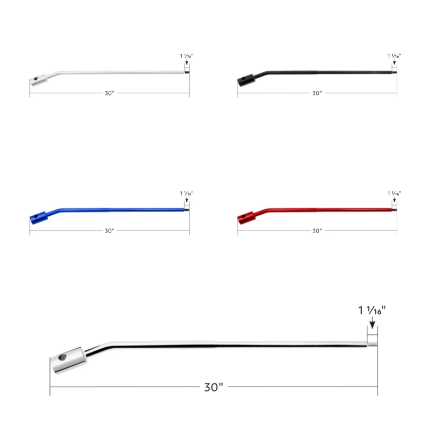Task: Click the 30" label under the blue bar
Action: pos(110,231)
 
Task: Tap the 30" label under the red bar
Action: pos(317,231)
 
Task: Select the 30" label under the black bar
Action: pos(317,93)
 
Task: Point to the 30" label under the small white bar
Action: pos(110,93)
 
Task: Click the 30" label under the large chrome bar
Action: pos(214,387)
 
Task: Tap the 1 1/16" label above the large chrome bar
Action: pos(372,310)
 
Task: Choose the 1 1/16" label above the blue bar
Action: pos(187,193)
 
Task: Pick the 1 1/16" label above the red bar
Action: pos(394,193)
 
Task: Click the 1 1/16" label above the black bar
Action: pos(394,56)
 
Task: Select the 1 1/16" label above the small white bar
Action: pos(187,56)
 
